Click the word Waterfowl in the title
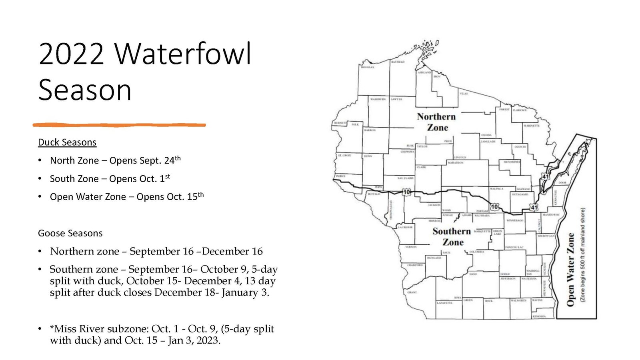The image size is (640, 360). click(x=183, y=54)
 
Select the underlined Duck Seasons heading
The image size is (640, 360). click(x=67, y=142)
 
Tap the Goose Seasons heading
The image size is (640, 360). click(x=70, y=233)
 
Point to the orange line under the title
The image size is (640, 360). click(x=119, y=125)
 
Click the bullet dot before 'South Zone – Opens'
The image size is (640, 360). click(x=40, y=179)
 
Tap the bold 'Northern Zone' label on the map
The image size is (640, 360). click(x=436, y=122)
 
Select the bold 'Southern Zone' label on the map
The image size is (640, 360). click(x=452, y=236)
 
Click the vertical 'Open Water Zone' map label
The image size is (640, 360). click(x=570, y=270)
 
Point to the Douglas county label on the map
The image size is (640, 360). click(x=367, y=67)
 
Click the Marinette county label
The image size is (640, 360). click(x=531, y=126)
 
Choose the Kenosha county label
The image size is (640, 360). click(x=539, y=316)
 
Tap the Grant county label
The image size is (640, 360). click(x=412, y=292)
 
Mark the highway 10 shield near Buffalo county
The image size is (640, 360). click(x=406, y=192)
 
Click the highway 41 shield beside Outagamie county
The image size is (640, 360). click(x=534, y=207)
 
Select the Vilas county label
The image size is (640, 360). click(x=464, y=94)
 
